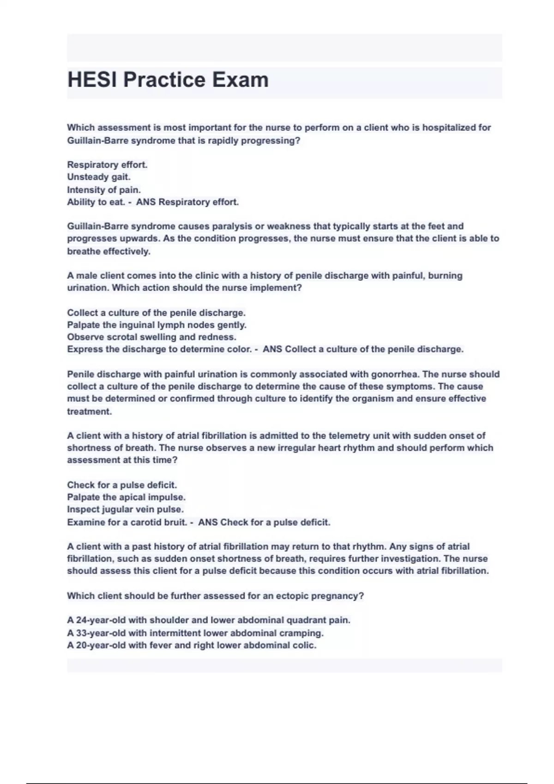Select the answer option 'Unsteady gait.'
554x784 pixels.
(99, 177)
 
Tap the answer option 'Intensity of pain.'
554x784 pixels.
(104, 190)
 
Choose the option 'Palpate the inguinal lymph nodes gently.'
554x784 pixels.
(157, 325)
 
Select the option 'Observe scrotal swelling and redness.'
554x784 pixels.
(151, 337)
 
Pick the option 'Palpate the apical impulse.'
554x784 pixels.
(126, 497)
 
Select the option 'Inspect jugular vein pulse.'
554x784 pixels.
(125, 510)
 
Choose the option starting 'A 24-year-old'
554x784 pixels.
(209, 620)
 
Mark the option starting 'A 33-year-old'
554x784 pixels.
(195, 633)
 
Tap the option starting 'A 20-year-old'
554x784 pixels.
(192, 645)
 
